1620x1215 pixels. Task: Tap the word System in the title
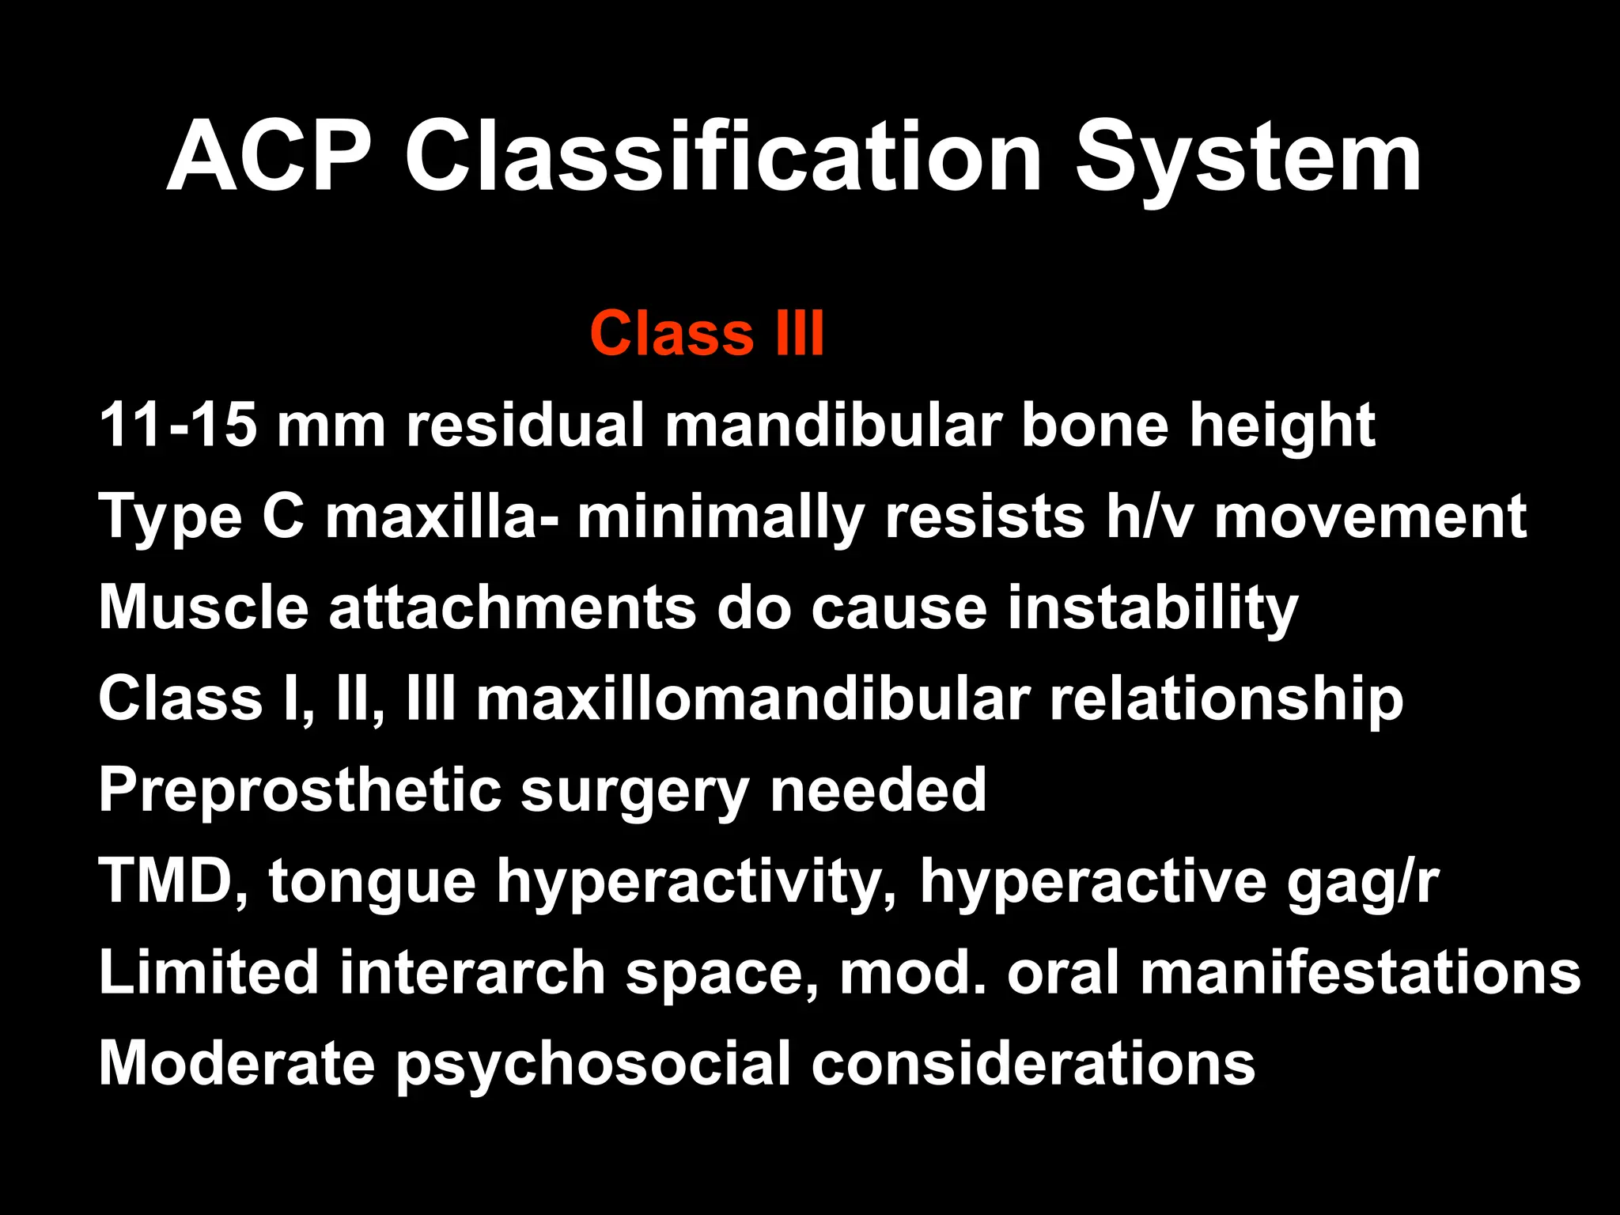tap(1247, 158)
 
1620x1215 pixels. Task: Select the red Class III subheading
tap(707, 333)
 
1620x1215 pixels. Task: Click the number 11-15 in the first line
tap(178, 425)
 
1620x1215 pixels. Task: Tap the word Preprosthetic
tap(300, 791)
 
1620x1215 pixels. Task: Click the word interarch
tap(472, 972)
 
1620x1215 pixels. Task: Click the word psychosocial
tap(593, 1065)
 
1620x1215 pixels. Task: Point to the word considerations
tap(1033, 1063)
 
